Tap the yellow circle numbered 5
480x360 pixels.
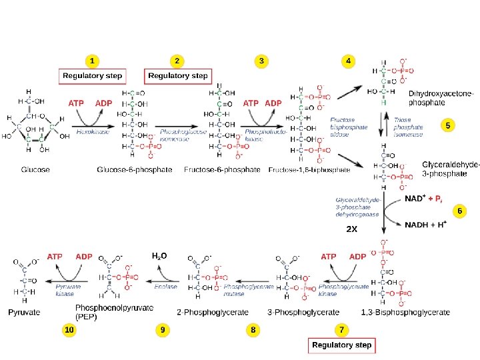click(448, 125)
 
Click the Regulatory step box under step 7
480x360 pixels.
click(341, 345)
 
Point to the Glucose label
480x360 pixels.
click(35, 170)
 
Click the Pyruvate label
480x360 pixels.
click(24, 312)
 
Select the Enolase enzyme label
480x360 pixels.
click(166, 286)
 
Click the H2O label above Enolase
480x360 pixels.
click(159, 255)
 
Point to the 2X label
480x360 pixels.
click(352, 229)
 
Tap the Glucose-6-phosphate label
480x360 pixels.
click(134, 170)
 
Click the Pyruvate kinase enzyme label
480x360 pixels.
click(65, 289)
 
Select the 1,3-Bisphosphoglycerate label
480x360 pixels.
click(405, 312)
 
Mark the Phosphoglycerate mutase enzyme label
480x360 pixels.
click(249, 289)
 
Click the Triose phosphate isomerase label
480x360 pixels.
click(409, 127)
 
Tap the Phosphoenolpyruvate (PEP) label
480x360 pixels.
click(114, 311)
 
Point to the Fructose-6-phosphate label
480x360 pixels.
click(221, 170)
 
